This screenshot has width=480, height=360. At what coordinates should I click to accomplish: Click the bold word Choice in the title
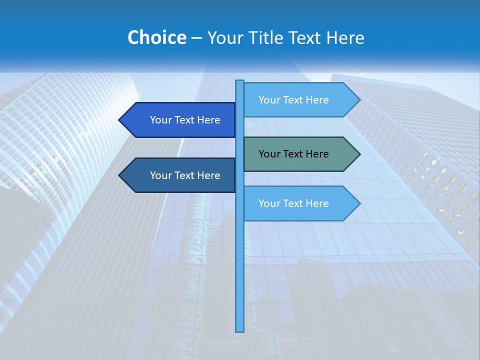[156, 38]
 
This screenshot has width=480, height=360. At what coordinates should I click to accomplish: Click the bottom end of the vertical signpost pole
[240, 330]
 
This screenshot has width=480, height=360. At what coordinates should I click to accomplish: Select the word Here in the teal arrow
[317, 154]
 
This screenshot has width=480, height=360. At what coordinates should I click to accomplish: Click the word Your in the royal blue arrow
[161, 120]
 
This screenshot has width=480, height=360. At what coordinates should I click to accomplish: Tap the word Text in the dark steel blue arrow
[185, 175]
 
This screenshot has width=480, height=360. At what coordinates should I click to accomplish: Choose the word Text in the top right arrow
[293, 100]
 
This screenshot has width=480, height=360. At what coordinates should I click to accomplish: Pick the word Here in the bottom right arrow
[317, 203]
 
